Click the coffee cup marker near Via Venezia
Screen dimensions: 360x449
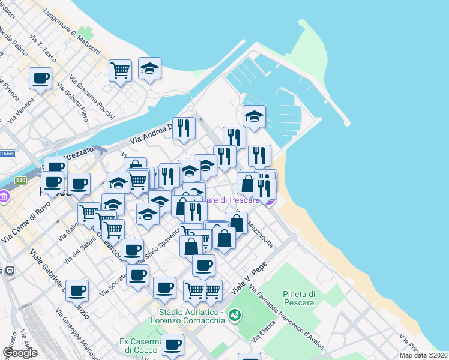click(40, 79)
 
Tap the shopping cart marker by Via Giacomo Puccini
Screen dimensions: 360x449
click(120, 70)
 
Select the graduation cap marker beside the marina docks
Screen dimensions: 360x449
click(254, 116)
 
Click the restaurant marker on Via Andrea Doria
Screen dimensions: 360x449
click(184, 128)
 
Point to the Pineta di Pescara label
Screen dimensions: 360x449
click(299, 298)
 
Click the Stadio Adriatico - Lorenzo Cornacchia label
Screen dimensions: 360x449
click(192, 316)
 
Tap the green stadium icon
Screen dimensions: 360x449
click(235, 314)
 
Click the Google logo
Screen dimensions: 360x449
click(20, 353)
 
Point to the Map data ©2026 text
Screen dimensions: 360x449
click(424, 355)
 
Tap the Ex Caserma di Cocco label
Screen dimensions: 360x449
click(139, 346)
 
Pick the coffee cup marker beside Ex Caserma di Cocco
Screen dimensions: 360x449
click(172, 345)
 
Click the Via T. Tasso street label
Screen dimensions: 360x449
click(46, 52)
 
